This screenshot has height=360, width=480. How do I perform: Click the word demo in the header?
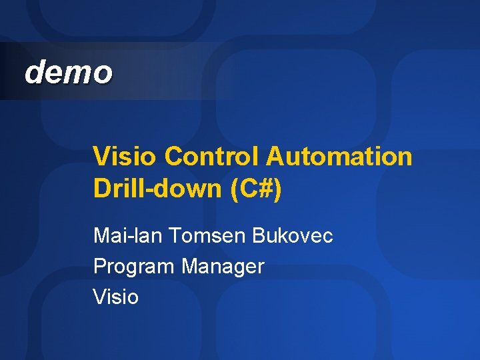pyautogui.click(x=68, y=72)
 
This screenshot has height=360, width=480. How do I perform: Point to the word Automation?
pyautogui.click(x=339, y=157)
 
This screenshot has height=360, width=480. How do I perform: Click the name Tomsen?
pyautogui.click(x=203, y=235)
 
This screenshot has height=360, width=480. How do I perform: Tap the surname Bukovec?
pyautogui.click(x=293, y=235)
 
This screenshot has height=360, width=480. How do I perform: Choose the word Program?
pyautogui.click(x=133, y=267)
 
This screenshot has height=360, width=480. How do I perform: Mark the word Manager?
pyautogui.click(x=223, y=267)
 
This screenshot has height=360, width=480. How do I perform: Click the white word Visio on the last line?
pyautogui.click(x=116, y=297)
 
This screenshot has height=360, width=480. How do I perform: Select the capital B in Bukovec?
pyautogui.click(x=259, y=235)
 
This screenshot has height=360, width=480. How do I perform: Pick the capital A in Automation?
pyautogui.click(x=275, y=157)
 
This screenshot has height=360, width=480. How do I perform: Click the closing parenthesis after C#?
pyautogui.click(x=278, y=189)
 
